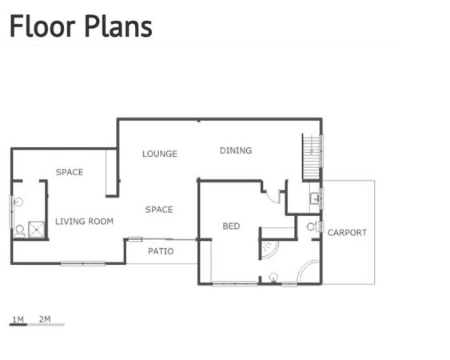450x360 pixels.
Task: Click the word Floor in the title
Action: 42,26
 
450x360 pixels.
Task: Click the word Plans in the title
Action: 118,26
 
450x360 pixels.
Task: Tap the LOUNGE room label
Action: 160,154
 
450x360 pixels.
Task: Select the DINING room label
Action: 236,150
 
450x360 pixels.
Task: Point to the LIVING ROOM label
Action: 85,222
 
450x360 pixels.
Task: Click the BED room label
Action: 231,226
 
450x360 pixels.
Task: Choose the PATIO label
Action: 161,251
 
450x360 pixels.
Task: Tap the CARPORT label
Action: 347,233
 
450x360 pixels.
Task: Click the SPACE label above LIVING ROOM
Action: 70,172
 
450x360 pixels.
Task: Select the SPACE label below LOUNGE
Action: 159,210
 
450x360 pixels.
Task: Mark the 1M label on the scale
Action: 18,319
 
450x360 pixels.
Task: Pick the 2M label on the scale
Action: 45,319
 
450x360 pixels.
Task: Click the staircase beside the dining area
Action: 312,157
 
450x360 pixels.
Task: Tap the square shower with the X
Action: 37,230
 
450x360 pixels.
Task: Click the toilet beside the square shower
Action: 19,231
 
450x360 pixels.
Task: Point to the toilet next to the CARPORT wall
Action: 313,226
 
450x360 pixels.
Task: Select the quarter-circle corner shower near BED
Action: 269,250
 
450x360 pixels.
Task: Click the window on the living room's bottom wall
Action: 83,263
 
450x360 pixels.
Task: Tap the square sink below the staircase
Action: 315,198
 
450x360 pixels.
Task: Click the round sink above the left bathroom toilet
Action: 18,202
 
